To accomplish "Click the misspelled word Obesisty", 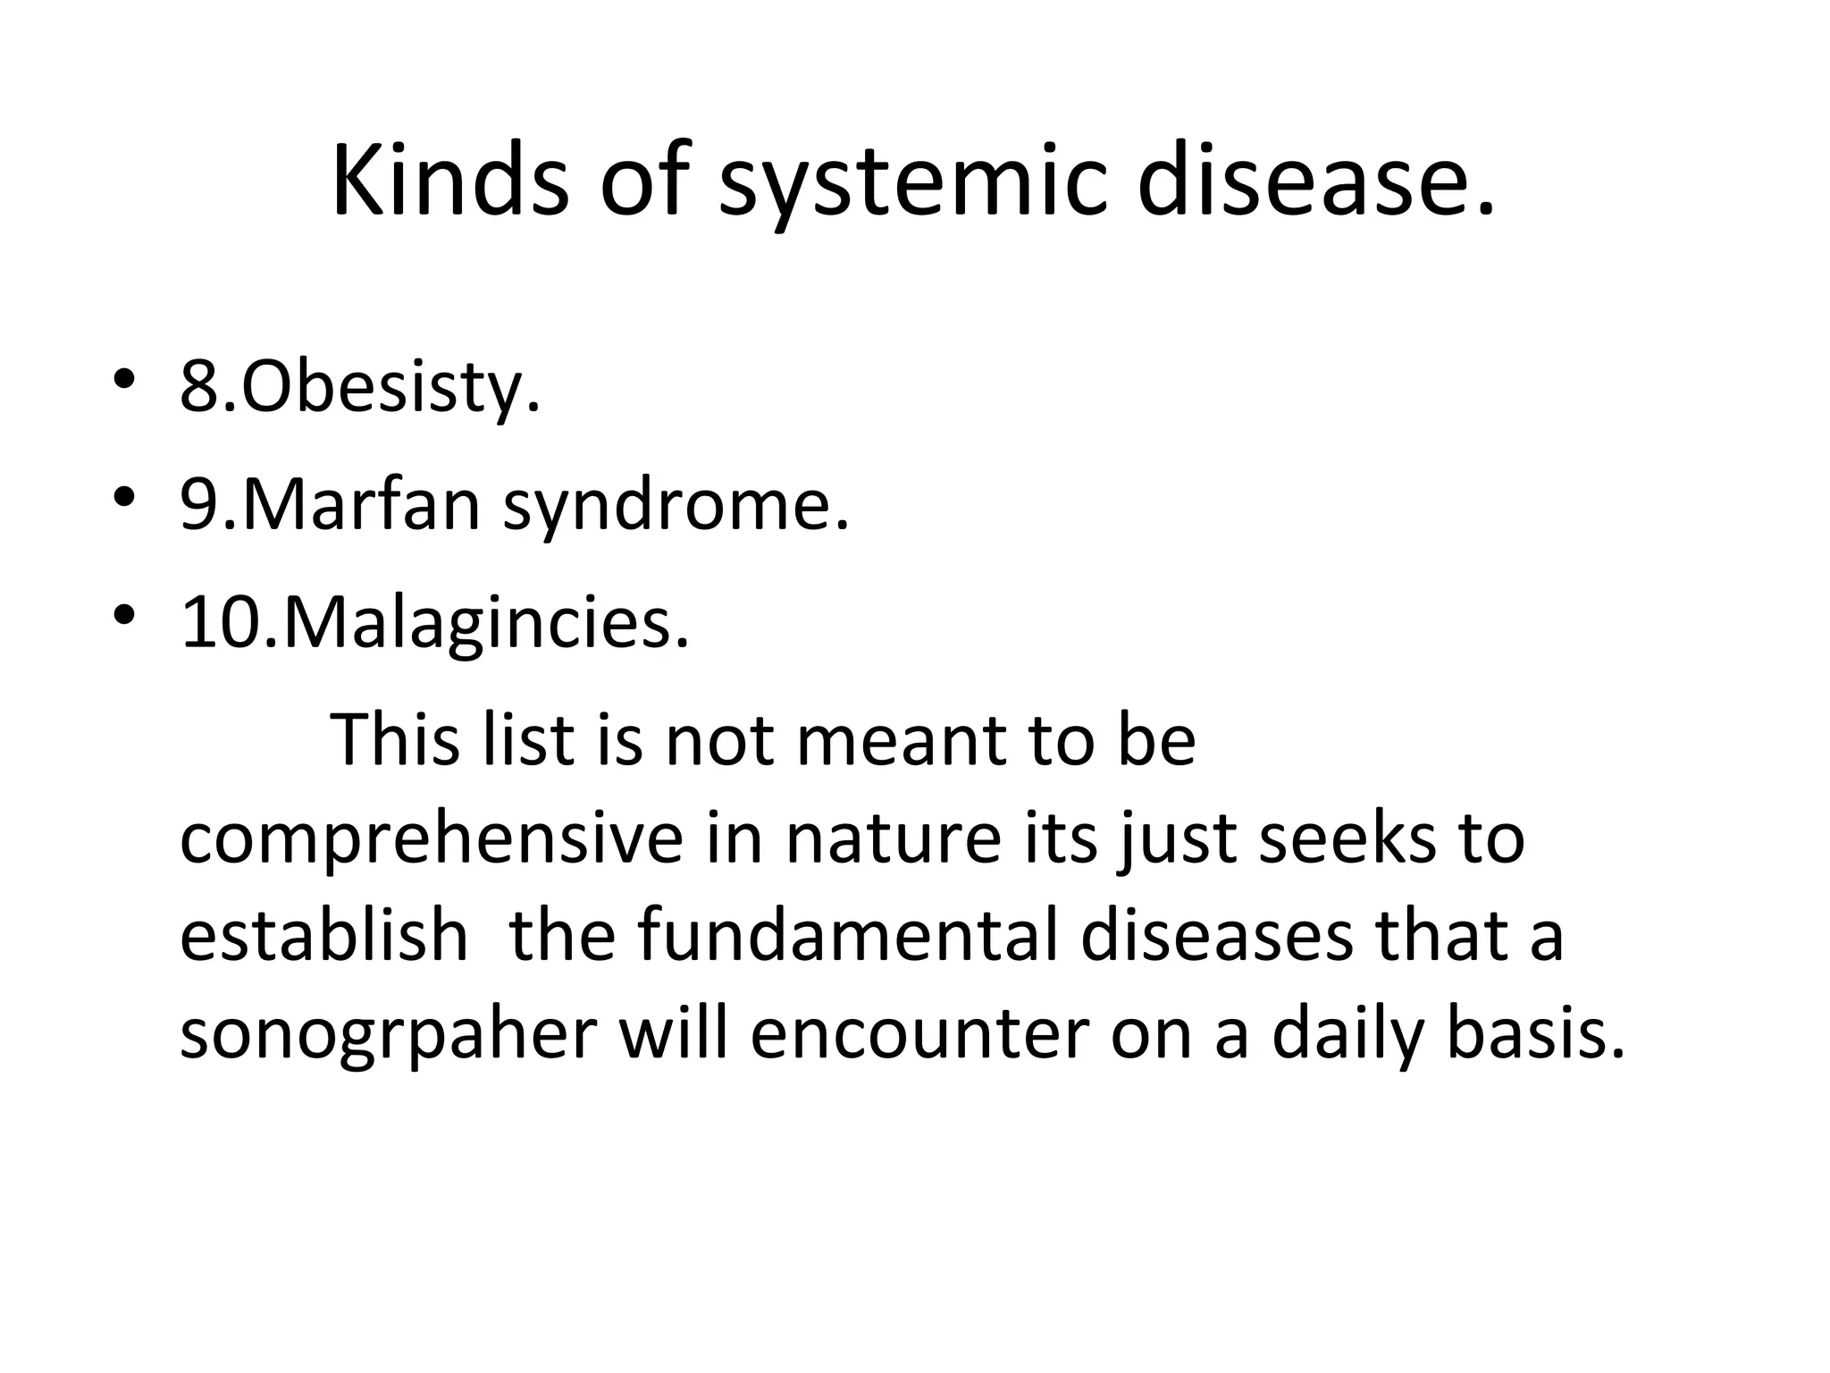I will (x=390, y=390).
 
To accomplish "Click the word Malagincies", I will (x=486, y=624).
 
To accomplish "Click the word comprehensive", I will (x=432, y=842).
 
